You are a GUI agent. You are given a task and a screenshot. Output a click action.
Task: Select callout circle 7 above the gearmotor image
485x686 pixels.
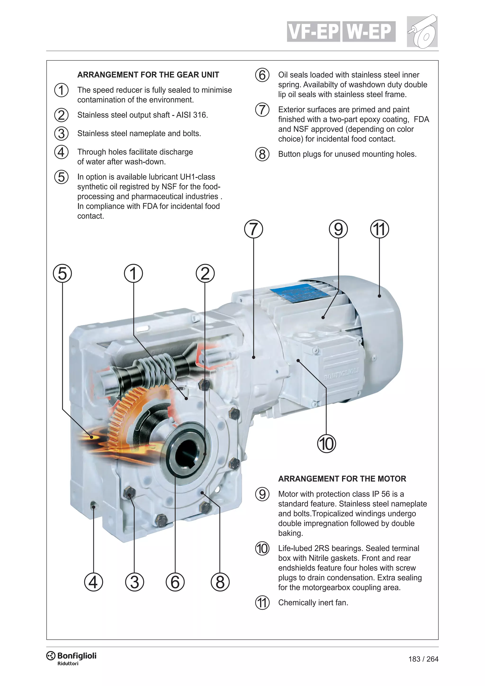coord(254,229)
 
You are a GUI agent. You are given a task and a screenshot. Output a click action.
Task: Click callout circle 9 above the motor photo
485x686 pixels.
coord(338,229)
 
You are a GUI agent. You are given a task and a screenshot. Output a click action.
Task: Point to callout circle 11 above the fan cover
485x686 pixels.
coord(379,229)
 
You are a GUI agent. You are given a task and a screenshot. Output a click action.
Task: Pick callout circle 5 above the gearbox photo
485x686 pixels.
coord(63,273)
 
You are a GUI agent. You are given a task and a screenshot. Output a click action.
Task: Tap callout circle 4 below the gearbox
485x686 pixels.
coord(94,582)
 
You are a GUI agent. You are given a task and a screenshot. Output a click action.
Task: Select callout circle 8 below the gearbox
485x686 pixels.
coord(220,582)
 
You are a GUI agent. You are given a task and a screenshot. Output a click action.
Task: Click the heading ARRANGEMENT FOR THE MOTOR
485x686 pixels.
coord(342,479)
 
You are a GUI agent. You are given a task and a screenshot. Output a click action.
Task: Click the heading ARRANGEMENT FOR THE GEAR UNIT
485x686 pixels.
coord(148,75)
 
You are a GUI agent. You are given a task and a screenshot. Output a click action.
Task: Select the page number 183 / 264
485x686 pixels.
coord(423,659)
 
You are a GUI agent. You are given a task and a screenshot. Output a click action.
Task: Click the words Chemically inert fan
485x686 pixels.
coord(313,603)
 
